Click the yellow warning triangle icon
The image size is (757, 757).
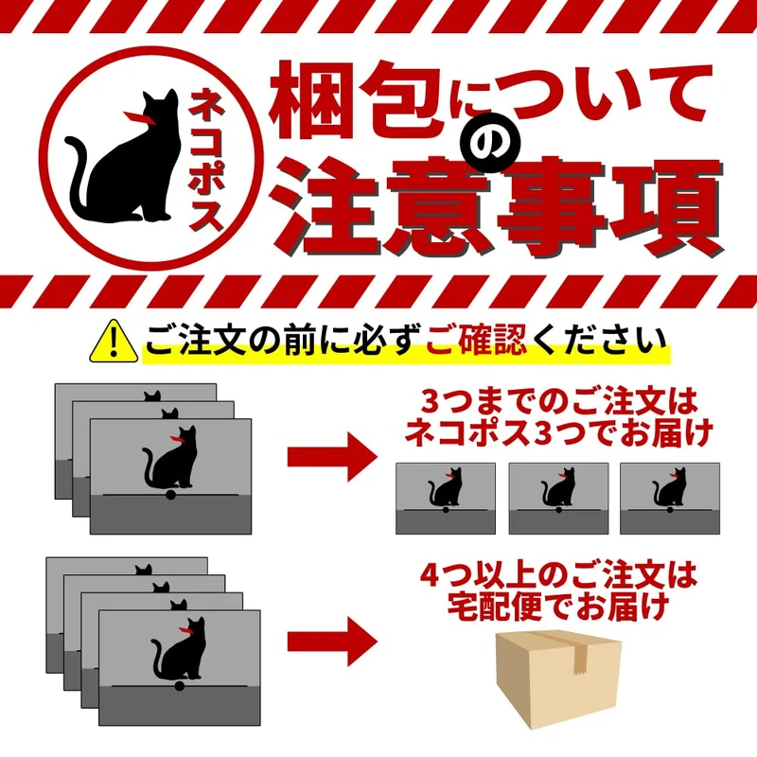pyautogui.click(x=114, y=342)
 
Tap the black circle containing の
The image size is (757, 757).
pyautogui.click(x=490, y=143)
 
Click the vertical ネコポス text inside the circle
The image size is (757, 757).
pyautogui.click(x=206, y=159)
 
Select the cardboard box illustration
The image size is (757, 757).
pyautogui.click(x=558, y=679)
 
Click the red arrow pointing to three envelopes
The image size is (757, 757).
pyautogui.click(x=332, y=457)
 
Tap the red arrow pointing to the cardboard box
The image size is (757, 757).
pyautogui.click(x=332, y=642)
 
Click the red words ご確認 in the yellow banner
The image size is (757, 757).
pyautogui.click(x=476, y=341)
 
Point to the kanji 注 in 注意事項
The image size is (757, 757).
pyautogui.click(x=327, y=207)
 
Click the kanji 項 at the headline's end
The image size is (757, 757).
pyautogui.click(x=667, y=208)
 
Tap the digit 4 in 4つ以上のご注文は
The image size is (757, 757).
pyautogui.click(x=431, y=574)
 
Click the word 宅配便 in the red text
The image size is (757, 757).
pyautogui.click(x=495, y=607)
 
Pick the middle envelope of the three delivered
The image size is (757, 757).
pyautogui.click(x=558, y=499)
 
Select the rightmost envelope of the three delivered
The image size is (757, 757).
pyautogui.click(x=670, y=499)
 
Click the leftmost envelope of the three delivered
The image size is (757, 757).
pyautogui.click(x=446, y=499)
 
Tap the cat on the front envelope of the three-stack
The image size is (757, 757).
pyautogui.click(x=170, y=458)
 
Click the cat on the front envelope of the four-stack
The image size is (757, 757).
pyautogui.click(x=179, y=649)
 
